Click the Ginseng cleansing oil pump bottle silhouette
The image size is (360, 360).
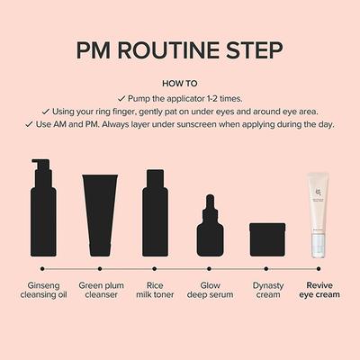click(41, 216)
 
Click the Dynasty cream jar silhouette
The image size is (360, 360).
click(266, 240)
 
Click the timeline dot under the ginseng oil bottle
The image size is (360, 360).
click(41, 268)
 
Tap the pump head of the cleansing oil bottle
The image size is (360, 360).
click(39, 166)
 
